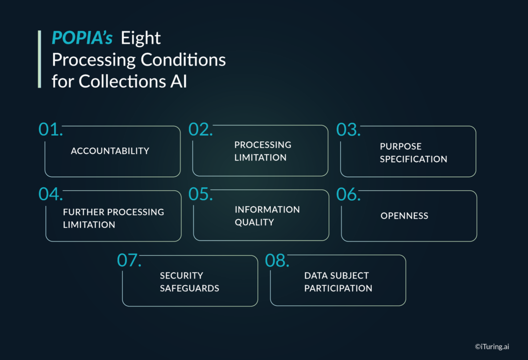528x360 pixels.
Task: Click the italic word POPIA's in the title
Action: [82, 38]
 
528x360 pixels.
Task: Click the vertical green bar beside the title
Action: [40, 59]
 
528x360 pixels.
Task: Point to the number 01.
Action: [51, 129]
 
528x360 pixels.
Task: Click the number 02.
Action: [201, 129]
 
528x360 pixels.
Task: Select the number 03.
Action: [349, 129]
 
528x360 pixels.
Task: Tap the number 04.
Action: [51, 194]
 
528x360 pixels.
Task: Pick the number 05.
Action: [201, 194]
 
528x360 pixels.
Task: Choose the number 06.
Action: [349, 194]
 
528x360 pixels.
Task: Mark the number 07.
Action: [129, 260]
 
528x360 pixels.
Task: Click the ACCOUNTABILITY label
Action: [110, 151]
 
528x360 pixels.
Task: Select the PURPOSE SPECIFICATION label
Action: [413, 153]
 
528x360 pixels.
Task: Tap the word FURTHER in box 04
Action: [82, 212]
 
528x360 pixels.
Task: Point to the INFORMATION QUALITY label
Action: [267, 216]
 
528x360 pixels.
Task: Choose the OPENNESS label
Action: [404, 216]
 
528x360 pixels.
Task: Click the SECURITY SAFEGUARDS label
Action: [189, 282]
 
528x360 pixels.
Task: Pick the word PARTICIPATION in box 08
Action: [338, 288]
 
